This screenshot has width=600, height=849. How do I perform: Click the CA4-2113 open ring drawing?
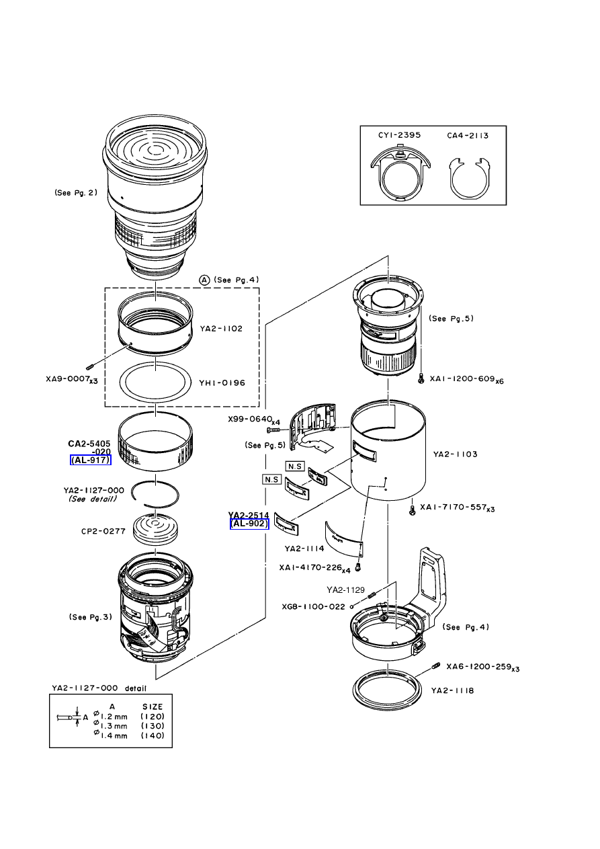468,179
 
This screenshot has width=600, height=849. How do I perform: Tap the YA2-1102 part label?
221,329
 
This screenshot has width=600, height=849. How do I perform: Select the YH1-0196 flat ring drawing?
155,382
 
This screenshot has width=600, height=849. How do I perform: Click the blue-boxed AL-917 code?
90,460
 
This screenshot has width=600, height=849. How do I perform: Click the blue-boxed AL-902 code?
249,524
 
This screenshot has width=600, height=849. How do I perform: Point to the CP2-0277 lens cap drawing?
156,530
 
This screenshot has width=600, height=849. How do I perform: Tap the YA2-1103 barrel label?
455,454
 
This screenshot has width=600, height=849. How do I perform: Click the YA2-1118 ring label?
452,690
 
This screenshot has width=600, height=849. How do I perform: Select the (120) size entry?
153,717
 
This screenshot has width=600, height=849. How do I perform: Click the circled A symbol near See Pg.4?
204,280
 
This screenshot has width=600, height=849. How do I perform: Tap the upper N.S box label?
295,466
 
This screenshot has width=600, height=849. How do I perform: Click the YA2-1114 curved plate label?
304,549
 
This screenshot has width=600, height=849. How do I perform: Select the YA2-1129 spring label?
345,590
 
